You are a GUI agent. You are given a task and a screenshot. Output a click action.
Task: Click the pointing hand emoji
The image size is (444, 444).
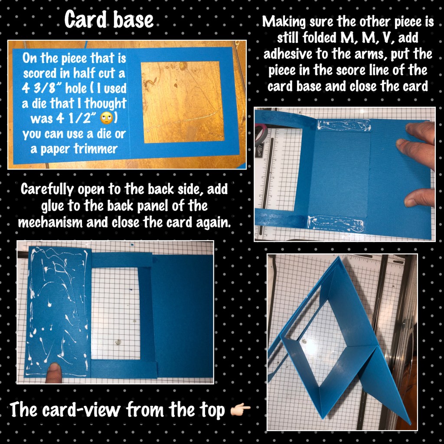coord(240,409)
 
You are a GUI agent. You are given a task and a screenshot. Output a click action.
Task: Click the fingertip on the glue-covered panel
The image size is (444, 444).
coord(54,372)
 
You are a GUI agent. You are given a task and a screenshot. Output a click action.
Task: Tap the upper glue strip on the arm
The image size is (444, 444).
coord(344,125)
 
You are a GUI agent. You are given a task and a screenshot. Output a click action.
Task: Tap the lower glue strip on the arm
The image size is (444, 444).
coord(336,223)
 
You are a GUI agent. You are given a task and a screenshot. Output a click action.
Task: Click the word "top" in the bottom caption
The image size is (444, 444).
coord(211,410)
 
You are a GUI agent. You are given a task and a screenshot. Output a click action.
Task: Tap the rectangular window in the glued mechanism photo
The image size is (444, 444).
coord(115,313)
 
